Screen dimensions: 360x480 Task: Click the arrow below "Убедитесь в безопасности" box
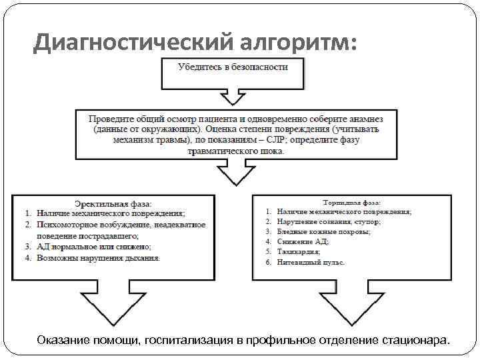click(x=233, y=97)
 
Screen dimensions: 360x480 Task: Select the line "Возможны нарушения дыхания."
click(x=98, y=257)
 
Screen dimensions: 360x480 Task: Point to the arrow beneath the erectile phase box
click(x=106, y=304)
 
